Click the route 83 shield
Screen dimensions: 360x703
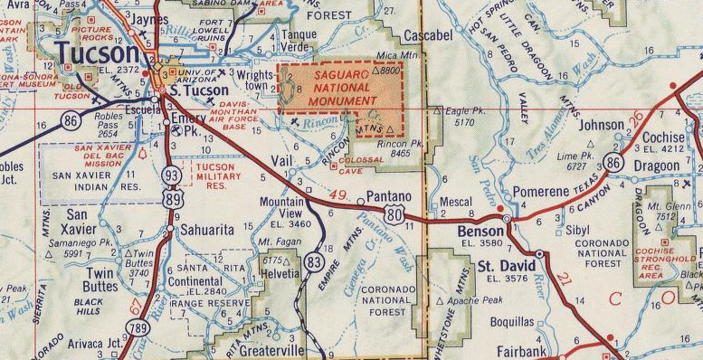[314, 261]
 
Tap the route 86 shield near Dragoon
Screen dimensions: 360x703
[614, 163]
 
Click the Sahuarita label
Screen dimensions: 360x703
[206, 230]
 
